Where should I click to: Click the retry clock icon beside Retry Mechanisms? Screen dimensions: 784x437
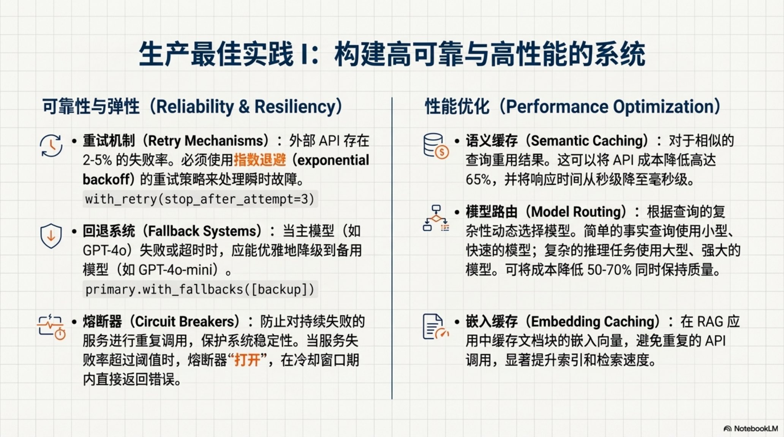click(51, 146)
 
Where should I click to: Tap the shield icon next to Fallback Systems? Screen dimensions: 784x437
click(51, 236)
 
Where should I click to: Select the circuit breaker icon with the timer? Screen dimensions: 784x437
click(51, 327)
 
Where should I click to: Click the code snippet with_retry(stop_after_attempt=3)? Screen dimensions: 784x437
click(200, 199)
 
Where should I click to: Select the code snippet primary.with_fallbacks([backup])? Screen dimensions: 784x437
click(200, 289)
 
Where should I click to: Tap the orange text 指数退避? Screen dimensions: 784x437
click(260, 160)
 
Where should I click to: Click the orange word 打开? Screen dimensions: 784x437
click(247, 360)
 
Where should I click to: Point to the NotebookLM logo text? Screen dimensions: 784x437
click(756, 429)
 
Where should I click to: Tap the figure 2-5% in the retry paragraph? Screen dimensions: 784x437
click(97, 160)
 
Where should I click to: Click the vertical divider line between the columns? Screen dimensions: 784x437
click(392, 248)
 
